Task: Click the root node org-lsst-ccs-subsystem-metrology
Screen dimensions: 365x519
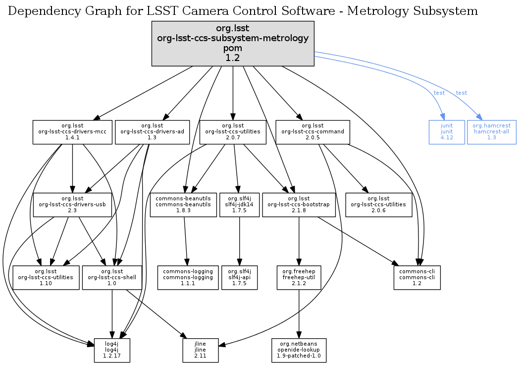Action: pos(233,44)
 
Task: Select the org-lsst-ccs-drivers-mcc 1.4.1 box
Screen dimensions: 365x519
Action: pos(72,132)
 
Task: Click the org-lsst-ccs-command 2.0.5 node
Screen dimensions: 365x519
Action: pos(312,132)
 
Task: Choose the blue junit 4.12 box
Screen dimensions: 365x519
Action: pos(447,132)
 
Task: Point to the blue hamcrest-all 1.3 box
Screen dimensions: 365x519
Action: pos(491,132)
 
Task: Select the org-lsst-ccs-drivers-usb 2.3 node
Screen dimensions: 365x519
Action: pos(72,205)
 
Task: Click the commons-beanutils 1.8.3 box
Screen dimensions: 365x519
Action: pos(183,205)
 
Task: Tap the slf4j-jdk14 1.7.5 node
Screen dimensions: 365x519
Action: pos(240,205)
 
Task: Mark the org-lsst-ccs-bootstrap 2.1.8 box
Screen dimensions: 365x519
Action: pos(299,205)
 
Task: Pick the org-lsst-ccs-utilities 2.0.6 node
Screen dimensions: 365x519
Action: pos(378,205)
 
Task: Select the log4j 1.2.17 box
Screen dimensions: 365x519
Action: pos(112,350)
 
